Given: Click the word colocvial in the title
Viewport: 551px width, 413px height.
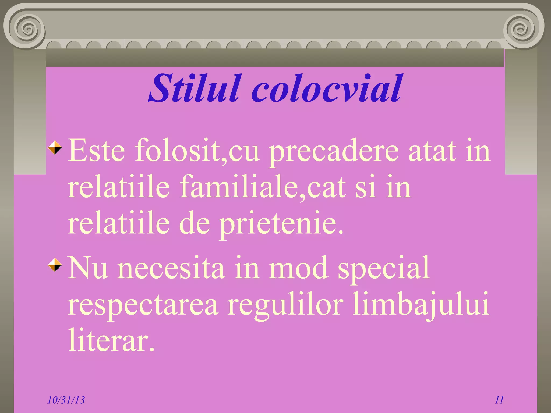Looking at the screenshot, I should pyautogui.click(x=327, y=89).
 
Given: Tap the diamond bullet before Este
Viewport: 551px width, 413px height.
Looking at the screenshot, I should pyautogui.click(x=55, y=148).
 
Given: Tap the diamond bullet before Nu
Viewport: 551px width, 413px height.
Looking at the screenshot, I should pyautogui.click(x=55, y=265).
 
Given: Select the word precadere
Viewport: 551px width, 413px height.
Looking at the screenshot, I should pyautogui.click(x=334, y=152).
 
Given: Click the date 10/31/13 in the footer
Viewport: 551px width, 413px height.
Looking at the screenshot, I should pyautogui.click(x=66, y=400).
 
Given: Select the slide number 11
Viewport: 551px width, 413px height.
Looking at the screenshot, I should pyautogui.click(x=499, y=400).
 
